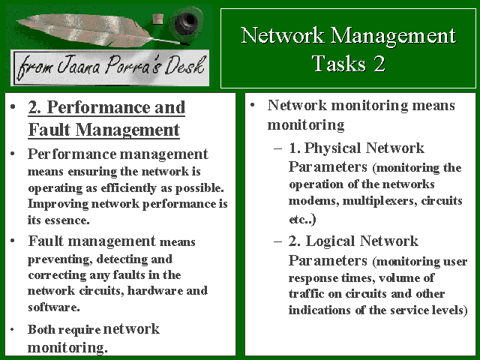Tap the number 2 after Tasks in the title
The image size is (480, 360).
[379, 63]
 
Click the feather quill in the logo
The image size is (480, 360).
[91, 30]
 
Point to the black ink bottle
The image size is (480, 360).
[185, 23]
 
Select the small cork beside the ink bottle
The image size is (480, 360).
[157, 19]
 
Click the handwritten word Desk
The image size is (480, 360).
[184, 65]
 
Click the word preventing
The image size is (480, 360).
[60, 259]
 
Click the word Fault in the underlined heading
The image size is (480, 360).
[49, 130]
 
